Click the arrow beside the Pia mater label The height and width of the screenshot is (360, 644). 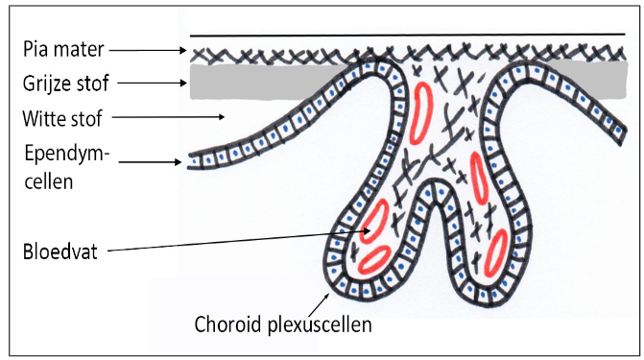(x=154, y=48)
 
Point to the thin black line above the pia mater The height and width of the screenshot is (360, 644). (x=403, y=35)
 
